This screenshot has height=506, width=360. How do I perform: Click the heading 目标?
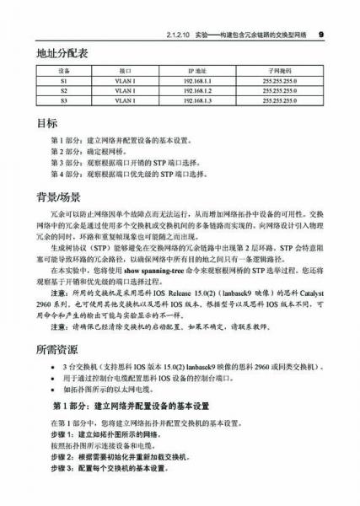coord(47,122)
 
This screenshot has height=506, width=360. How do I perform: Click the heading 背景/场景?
coord(58,199)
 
